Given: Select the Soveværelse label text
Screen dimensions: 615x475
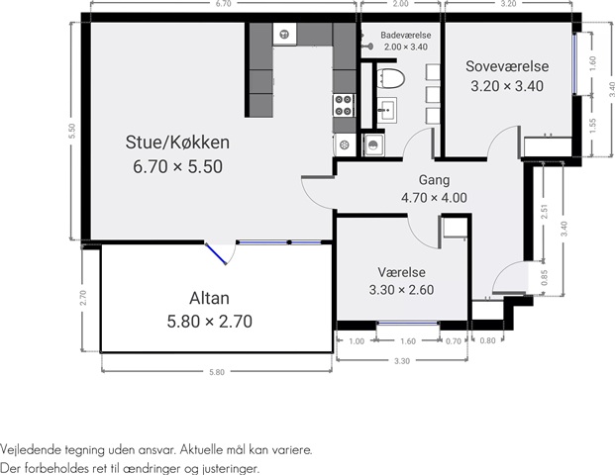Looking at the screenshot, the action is tap(507, 66).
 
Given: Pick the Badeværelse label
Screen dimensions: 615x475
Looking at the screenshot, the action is tap(406, 36).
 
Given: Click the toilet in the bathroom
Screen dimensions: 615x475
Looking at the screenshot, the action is tap(391, 78).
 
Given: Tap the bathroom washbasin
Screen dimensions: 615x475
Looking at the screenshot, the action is tap(387, 110).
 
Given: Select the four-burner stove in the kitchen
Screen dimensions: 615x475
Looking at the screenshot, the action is tap(344, 106).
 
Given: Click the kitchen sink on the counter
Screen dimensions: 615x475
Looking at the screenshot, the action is tap(285, 35).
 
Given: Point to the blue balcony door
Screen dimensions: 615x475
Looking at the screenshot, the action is tap(216, 254).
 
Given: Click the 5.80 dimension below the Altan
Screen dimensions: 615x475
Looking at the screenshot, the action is tap(217, 372).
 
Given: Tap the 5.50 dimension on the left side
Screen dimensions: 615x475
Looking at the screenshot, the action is tap(71, 131).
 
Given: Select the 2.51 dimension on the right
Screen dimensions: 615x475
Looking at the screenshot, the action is tap(544, 212).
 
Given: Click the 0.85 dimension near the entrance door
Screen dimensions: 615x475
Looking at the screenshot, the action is tap(544, 278).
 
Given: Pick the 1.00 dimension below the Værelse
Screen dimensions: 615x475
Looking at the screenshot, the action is tap(357, 341).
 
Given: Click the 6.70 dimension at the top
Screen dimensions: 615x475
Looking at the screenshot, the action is tap(223, 4).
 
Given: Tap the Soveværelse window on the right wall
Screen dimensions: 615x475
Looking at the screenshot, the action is tap(575, 64).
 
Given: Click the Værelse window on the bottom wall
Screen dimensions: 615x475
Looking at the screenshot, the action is tap(408, 324).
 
